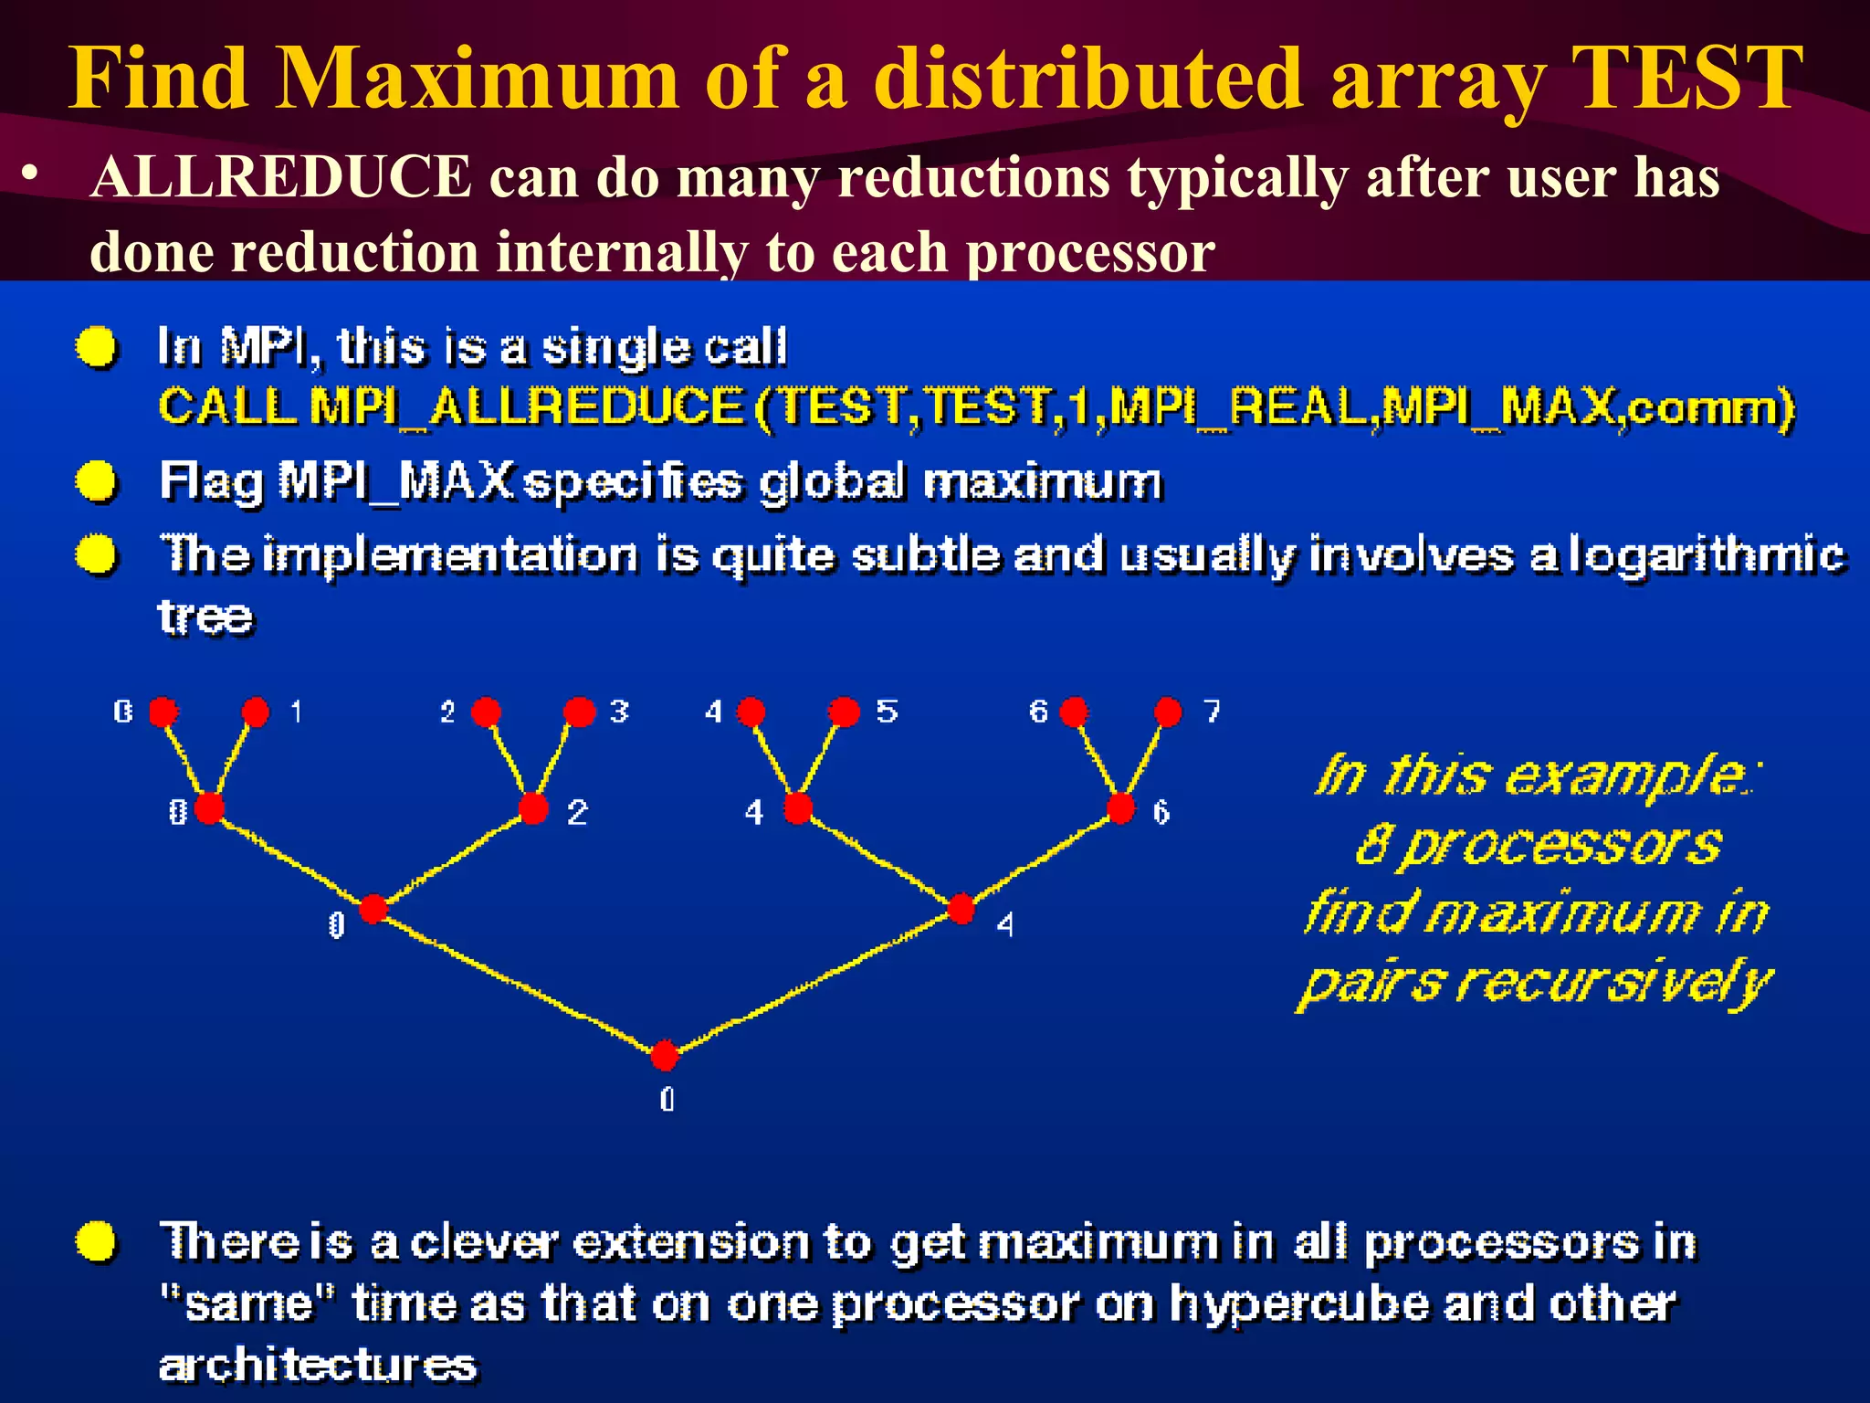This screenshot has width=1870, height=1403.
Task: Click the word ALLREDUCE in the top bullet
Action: pyautogui.click(x=281, y=176)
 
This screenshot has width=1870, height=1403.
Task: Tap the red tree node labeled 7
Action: pyautogui.click(x=1167, y=712)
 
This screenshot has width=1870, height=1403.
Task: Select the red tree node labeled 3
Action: pyautogui.click(x=579, y=712)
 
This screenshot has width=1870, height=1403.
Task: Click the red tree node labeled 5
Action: pyautogui.click(x=844, y=712)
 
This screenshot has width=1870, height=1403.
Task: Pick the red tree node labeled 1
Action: pyautogui.click(x=256, y=712)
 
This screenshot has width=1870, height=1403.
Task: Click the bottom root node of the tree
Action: pyautogui.click(x=665, y=1055)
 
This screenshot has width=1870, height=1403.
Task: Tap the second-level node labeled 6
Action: pyautogui.click(x=1120, y=808)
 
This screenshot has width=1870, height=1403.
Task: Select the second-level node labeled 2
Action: pyautogui.click(x=533, y=808)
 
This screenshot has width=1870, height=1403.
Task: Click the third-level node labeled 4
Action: pyautogui.click(x=961, y=909)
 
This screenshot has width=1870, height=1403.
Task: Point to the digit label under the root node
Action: pyautogui.click(x=667, y=1100)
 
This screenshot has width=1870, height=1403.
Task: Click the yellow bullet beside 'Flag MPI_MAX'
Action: pyautogui.click(x=97, y=481)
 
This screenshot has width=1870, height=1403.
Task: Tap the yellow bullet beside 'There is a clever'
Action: pyautogui.click(x=97, y=1241)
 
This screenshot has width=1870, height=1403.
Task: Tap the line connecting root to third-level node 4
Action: pyautogui.click(x=813, y=982)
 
